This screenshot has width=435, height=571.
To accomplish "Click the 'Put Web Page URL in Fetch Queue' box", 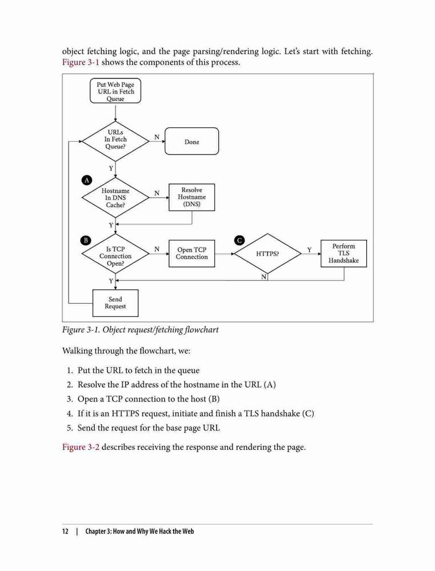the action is [x=115, y=91].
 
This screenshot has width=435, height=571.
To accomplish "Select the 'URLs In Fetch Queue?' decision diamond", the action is [x=115, y=141].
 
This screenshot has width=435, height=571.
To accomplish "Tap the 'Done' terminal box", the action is [x=192, y=141].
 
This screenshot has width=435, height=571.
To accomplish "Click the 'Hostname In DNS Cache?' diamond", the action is [x=115, y=198].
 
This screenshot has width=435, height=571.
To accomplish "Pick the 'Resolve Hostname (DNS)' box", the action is [x=192, y=198].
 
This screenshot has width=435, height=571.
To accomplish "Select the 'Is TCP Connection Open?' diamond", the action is [x=115, y=254].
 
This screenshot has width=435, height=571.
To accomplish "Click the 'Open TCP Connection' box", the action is [x=192, y=254].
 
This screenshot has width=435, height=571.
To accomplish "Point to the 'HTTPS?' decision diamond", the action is [x=268, y=254].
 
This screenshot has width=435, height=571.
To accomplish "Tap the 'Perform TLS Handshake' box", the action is [x=344, y=254].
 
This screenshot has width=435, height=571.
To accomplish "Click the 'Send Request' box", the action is [x=115, y=303].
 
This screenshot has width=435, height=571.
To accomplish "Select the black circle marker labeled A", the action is [x=86, y=180].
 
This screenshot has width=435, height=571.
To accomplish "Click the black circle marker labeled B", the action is [x=86, y=240].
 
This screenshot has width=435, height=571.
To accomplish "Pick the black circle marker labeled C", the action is [x=240, y=240].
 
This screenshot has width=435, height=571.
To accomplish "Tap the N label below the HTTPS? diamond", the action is [x=264, y=277].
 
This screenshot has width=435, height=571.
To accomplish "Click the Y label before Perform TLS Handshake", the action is [x=310, y=250].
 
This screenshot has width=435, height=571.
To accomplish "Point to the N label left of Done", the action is [x=157, y=137].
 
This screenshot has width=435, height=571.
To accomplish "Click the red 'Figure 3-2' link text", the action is [x=81, y=447].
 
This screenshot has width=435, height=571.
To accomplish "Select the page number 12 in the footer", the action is [x=65, y=531].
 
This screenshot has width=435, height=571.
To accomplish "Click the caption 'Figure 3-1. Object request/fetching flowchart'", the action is [x=141, y=330].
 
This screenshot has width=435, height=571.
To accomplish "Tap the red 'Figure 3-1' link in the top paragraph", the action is [x=81, y=62].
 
